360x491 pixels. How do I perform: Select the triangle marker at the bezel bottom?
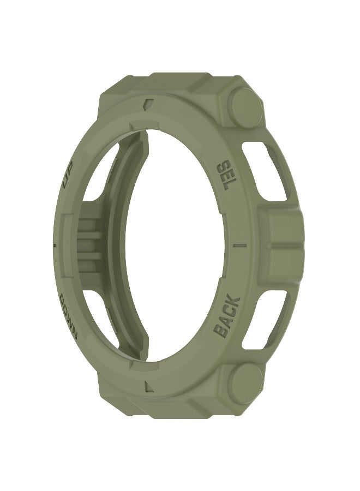point(149,386)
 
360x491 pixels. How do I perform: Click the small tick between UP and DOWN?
point(56,244)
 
